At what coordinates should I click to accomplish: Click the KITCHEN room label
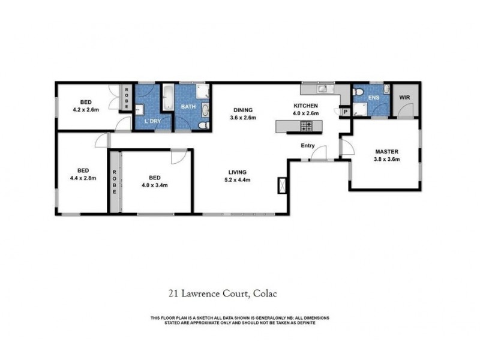point(305,105)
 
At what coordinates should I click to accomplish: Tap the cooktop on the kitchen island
point(306,127)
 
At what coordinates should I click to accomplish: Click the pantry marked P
point(345,111)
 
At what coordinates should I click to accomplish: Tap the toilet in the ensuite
point(358,93)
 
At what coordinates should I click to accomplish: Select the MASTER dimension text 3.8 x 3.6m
point(387,159)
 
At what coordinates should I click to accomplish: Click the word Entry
point(307,145)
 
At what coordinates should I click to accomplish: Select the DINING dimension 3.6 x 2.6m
point(243,118)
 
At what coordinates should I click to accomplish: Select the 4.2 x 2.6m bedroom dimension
point(85,110)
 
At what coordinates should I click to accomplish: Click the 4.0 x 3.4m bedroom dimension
point(154,185)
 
